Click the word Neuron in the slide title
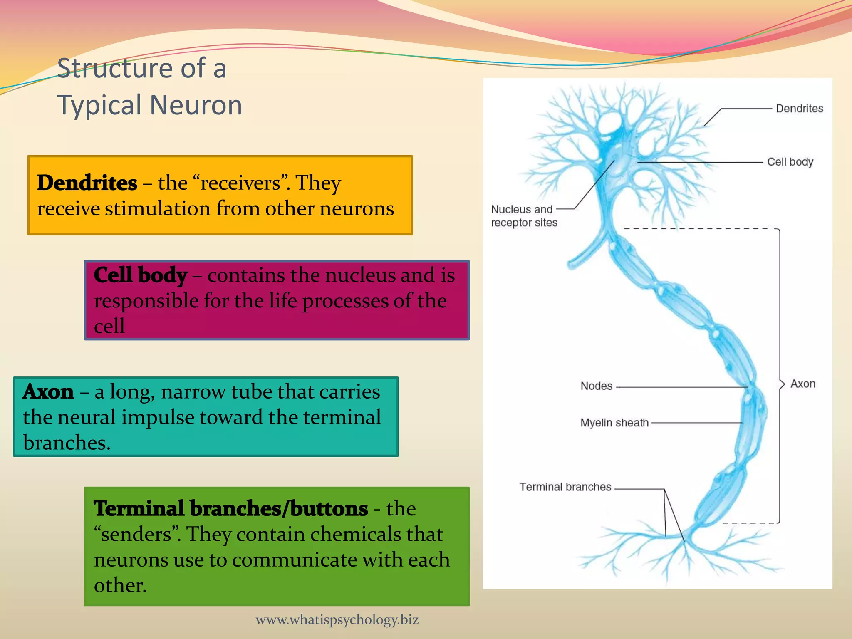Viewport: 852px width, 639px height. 196,105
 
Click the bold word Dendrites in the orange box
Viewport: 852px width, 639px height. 87,183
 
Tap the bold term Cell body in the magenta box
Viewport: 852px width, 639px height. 140,275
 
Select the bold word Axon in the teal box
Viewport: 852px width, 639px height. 48,392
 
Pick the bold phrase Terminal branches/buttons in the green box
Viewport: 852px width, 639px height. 230,509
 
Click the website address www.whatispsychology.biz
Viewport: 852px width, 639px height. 337,620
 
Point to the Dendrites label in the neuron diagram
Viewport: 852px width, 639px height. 799,109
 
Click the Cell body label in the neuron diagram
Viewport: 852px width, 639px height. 790,162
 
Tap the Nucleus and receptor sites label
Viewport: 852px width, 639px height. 523,216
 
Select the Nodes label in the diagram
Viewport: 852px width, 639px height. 596,386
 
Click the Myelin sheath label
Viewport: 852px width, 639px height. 614,423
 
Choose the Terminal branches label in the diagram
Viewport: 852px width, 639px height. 565,487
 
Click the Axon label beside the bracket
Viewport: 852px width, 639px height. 802,384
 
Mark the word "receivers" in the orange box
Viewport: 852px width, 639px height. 240,183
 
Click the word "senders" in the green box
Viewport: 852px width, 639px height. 137,535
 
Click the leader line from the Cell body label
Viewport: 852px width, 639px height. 699,162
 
